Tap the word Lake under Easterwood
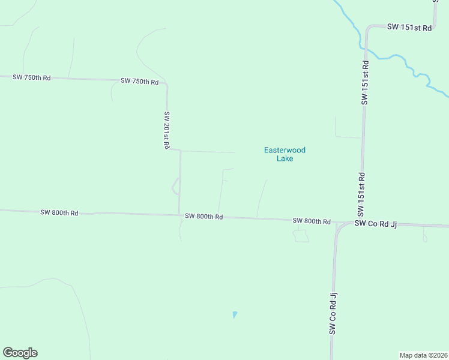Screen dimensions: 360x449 click(x=285, y=159)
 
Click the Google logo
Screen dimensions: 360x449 click(x=20, y=353)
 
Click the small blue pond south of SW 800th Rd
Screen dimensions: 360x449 click(x=234, y=314)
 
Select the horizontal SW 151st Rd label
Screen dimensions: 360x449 click(x=409, y=27)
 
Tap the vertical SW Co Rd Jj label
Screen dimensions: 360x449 click(x=333, y=313)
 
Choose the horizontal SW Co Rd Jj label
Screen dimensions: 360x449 click(x=376, y=223)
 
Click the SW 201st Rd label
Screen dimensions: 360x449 click(x=167, y=130)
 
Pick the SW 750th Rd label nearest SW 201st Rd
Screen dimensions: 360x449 click(x=139, y=81)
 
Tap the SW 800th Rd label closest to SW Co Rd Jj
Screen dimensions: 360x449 click(x=312, y=221)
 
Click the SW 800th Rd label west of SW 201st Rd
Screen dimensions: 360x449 click(x=59, y=212)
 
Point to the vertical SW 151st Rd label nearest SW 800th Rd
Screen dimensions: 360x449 click(x=361, y=194)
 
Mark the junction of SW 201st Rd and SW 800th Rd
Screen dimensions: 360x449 click(x=179, y=215)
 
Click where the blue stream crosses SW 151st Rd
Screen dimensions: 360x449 click(x=364, y=48)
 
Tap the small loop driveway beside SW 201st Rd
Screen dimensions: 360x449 click(x=175, y=186)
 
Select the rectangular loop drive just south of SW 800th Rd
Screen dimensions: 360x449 click(x=301, y=236)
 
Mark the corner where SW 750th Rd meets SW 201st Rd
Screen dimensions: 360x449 click(x=166, y=84)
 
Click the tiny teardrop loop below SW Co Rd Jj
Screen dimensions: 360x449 click(x=424, y=237)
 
